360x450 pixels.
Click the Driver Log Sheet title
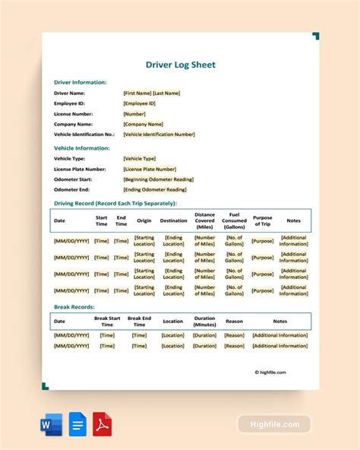point(180,65)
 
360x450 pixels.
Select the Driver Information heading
point(80,82)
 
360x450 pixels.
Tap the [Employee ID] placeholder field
point(139,103)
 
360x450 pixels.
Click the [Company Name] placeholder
point(143,124)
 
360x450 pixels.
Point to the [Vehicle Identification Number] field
point(159,134)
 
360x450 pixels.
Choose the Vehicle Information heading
point(81,148)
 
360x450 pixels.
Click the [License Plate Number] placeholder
point(150,169)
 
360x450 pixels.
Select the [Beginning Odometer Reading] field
point(158,179)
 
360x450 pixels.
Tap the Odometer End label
point(72,190)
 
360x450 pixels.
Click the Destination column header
point(173,220)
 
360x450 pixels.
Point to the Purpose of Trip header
point(262,220)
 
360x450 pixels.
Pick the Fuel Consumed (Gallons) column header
point(234,220)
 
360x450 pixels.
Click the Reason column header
point(234,321)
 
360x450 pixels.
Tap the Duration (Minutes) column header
point(204,321)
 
